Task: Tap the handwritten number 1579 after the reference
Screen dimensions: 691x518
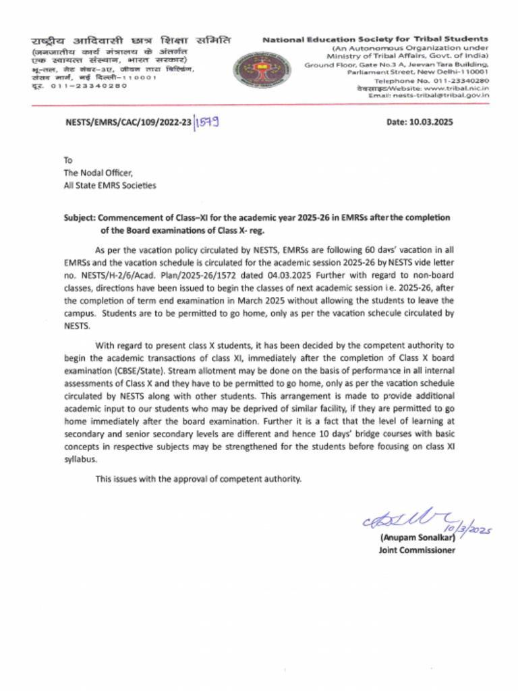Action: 208,123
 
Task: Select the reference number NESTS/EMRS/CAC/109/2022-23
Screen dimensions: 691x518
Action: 127,123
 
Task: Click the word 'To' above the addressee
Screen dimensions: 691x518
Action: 67,161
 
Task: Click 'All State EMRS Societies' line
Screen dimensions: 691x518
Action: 109,185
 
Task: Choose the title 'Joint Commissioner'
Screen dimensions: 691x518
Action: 417,550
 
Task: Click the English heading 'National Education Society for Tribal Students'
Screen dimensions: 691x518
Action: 376,40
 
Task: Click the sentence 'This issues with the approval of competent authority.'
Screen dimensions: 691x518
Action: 198,478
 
